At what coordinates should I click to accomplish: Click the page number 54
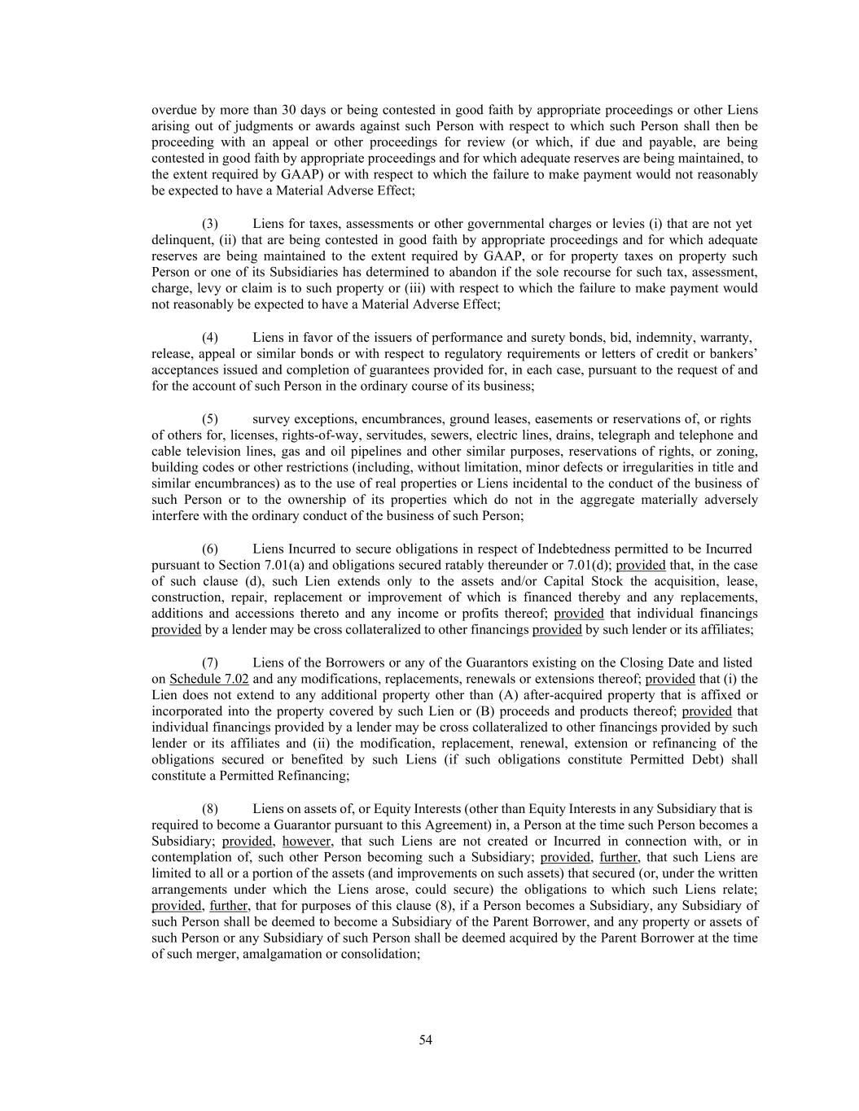pos(425,1039)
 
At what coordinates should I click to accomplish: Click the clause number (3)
pos(209,224)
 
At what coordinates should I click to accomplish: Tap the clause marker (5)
pos(209,419)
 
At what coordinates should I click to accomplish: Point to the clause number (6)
pos(209,549)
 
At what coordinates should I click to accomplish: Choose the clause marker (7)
pos(209,663)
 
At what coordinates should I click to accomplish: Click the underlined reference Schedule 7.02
pos(209,679)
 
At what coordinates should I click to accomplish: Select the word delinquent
pos(181,240)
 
